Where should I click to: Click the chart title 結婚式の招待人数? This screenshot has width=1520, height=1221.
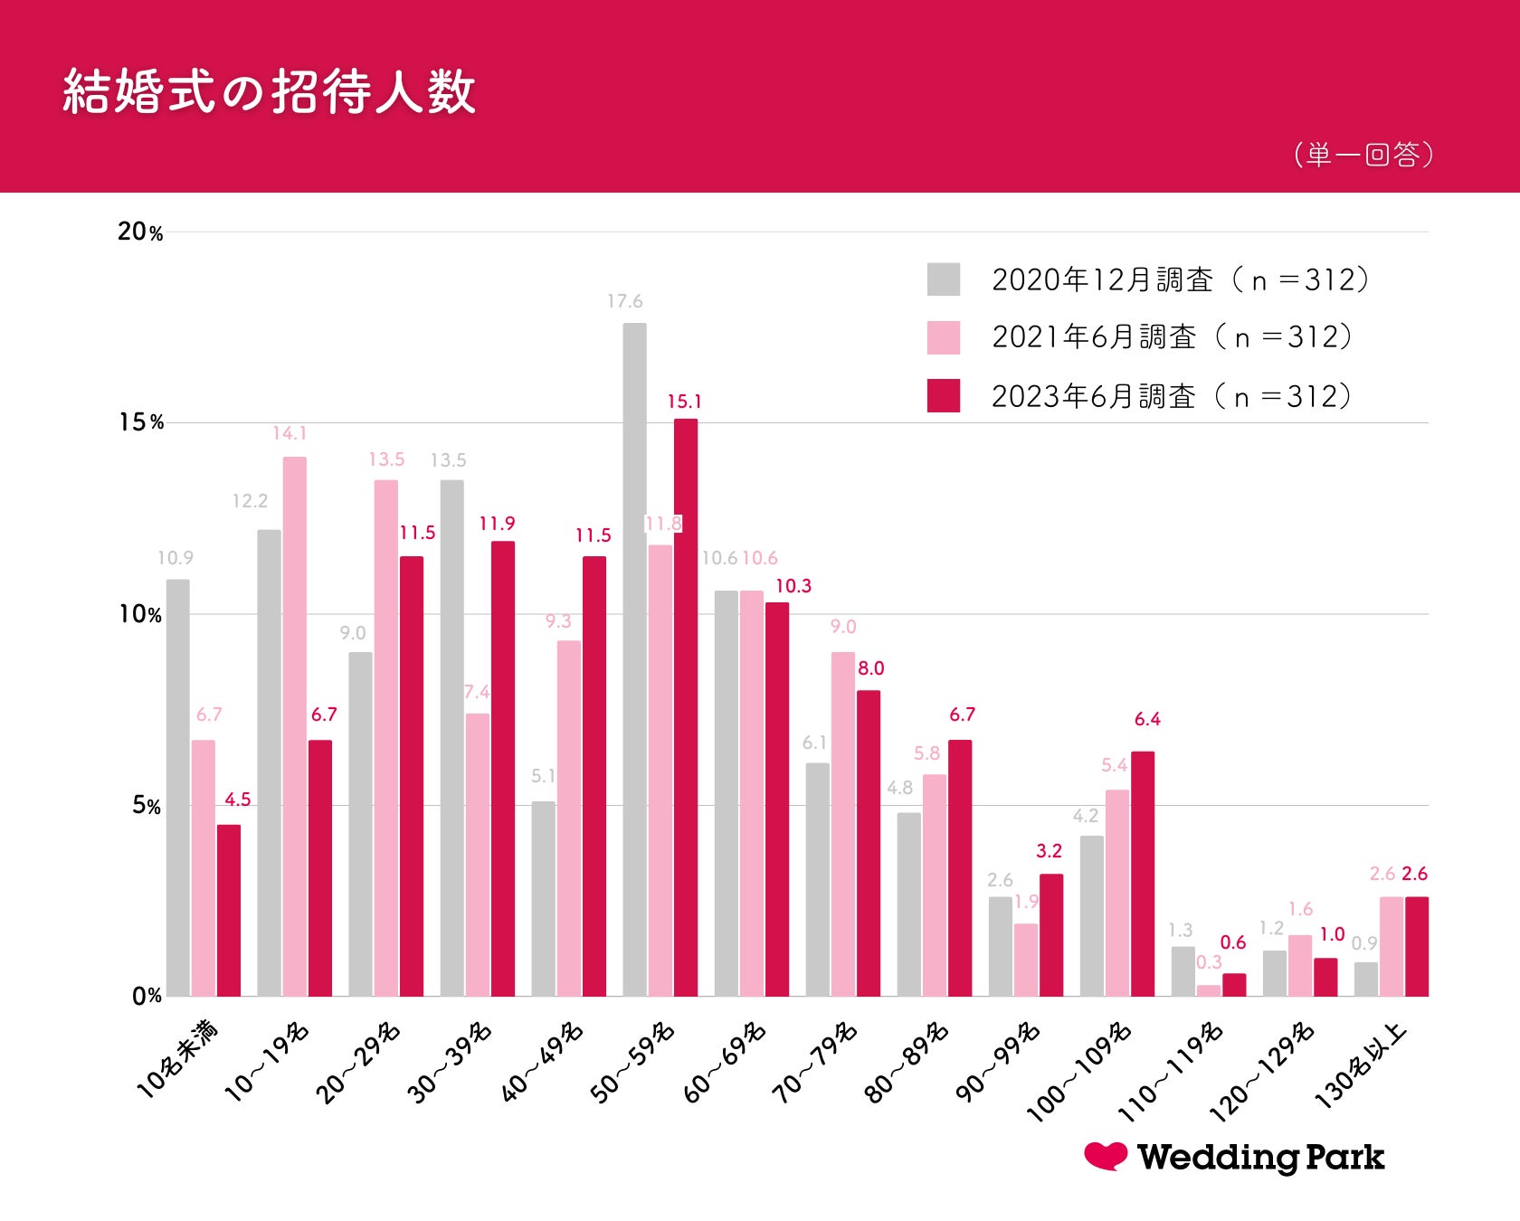click(269, 91)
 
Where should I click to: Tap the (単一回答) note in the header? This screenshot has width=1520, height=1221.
click(1363, 155)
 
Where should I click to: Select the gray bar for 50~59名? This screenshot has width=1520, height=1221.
click(634, 660)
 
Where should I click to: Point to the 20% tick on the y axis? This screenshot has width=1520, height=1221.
click(140, 232)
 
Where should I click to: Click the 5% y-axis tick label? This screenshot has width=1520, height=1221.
click(146, 805)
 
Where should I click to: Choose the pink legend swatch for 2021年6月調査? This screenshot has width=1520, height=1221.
click(943, 337)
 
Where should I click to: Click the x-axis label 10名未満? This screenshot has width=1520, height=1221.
click(177, 1059)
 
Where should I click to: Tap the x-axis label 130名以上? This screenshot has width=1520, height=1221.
click(1360, 1065)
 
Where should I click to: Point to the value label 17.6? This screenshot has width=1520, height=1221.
click(624, 301)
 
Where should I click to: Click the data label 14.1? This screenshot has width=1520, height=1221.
click(290, 433)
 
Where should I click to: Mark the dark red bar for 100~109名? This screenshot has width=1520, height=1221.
click(1143, 874)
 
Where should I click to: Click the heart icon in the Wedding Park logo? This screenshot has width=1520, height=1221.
click(1106, 1155)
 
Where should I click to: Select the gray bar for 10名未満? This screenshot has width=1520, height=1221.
click(178, 787)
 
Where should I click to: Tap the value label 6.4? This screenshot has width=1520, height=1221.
click(1147, 719)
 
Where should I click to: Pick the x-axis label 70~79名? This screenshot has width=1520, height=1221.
click(814, 1063)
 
